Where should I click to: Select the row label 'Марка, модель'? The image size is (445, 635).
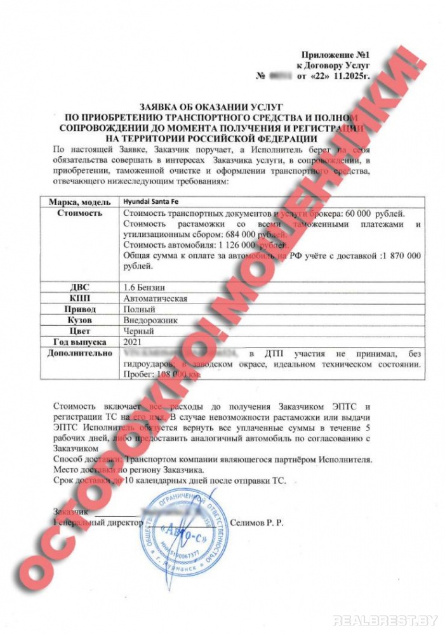click(80, 201)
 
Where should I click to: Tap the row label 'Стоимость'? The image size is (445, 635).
click(80, 213)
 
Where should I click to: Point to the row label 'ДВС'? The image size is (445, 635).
click(80, 286)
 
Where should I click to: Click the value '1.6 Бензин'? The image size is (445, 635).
click(145, 286)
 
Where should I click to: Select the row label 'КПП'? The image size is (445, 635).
click(80, 298)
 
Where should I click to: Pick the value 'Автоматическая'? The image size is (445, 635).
click(156, 298)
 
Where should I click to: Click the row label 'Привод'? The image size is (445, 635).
click(80, 309)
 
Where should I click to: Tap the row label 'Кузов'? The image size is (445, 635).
click(80, 320)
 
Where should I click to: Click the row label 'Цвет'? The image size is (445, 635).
click(80, 331)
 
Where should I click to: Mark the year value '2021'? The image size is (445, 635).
click(131, 342)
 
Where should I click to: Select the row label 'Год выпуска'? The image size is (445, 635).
click(80, 342)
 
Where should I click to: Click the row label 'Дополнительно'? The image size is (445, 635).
click(80, 353)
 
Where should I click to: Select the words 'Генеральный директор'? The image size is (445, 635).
click(95, 522)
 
